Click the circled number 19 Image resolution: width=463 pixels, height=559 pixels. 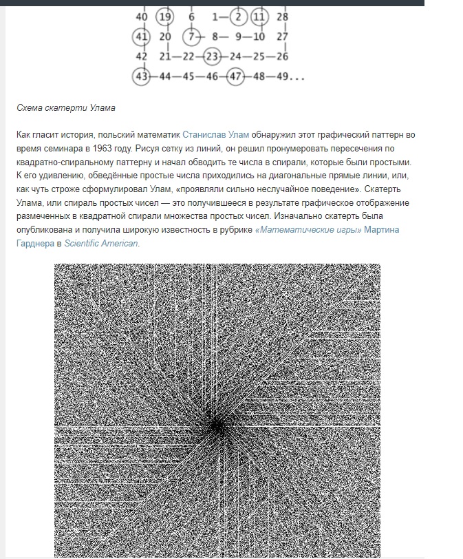[164, 17]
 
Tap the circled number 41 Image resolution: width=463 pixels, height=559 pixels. [142, 36]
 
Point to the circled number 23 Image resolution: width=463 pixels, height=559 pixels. [213, 56]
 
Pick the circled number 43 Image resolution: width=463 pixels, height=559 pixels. [142, 76]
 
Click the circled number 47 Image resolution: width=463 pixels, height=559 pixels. [236, 76]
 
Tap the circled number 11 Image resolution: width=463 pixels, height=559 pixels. [259, 17]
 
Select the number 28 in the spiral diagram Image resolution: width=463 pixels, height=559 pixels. [282, 17]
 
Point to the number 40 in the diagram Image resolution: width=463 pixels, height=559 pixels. [142, 17]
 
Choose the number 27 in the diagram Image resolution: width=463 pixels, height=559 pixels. [282, 36]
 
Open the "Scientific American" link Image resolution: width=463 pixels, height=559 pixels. [102, 243]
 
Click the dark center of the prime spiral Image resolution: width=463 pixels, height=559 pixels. [217, 426]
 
